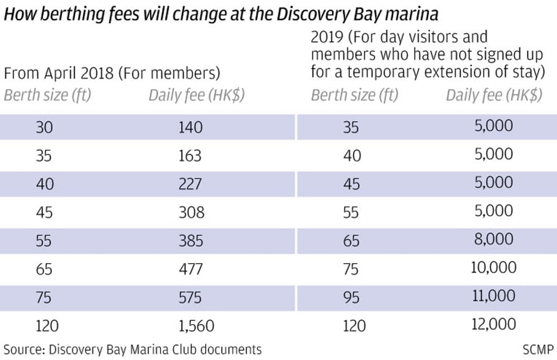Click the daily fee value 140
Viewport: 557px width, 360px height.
point(190,127)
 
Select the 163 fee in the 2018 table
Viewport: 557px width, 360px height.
point(190,156)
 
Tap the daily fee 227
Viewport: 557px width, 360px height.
point(190,184)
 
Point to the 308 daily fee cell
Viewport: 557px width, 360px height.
point(191,212)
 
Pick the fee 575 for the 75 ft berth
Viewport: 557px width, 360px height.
point(190,297)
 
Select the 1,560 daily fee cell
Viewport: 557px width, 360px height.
point(196,325)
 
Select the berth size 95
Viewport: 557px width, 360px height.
point(351,297)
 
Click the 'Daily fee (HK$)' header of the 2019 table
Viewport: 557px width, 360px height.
point(494,95)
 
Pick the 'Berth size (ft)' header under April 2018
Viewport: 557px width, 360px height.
point(48,95)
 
